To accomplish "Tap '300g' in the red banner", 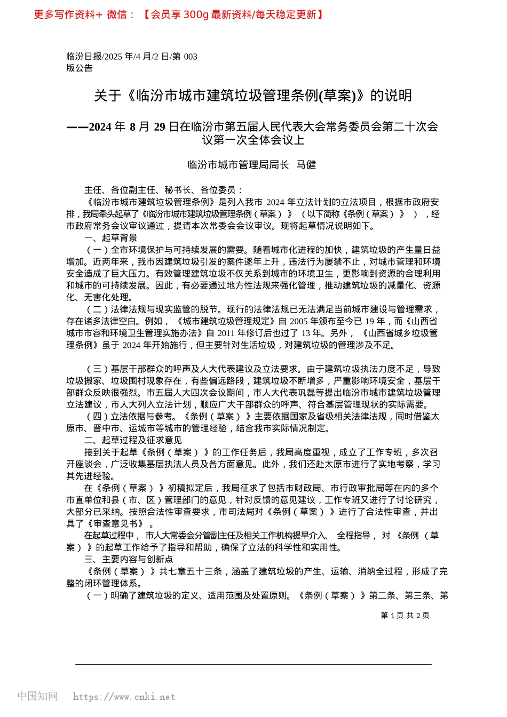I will [195, 14].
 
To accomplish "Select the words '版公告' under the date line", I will [80, 68].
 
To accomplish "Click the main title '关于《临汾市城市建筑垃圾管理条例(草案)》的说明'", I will [253, 95].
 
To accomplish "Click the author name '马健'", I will [306, 165].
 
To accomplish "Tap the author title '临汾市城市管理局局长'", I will [238, 165].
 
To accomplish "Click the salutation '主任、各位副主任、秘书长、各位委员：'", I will [163, 190].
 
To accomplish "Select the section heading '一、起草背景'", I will [110, 238].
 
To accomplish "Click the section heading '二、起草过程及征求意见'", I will [133, 440].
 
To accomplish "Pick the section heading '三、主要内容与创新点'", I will [129, 559].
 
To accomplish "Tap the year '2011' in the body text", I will [228, 333].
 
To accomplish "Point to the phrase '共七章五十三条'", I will [191, 571].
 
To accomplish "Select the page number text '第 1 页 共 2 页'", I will [405, 615].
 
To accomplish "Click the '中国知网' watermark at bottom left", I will [37, 696].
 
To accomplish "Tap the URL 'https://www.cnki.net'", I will [124, 696].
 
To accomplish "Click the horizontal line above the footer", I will [253, 664].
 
